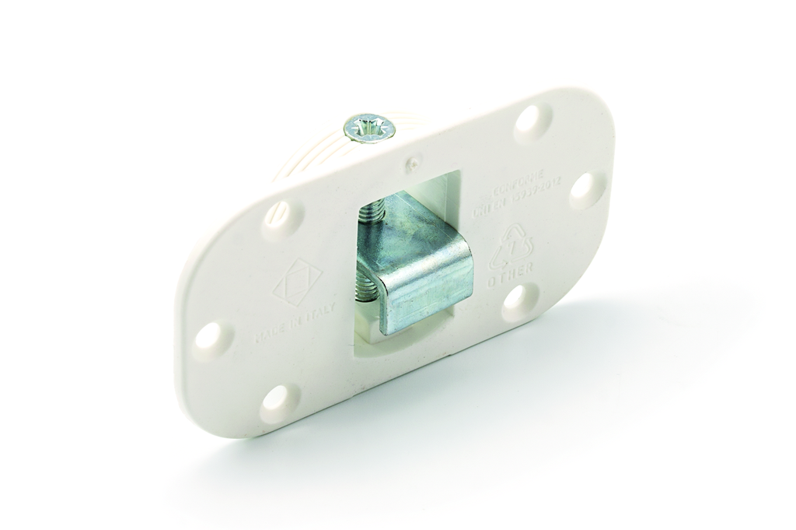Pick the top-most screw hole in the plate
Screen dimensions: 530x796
click(533, 121)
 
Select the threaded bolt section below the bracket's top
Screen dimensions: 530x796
click(367, 287)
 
